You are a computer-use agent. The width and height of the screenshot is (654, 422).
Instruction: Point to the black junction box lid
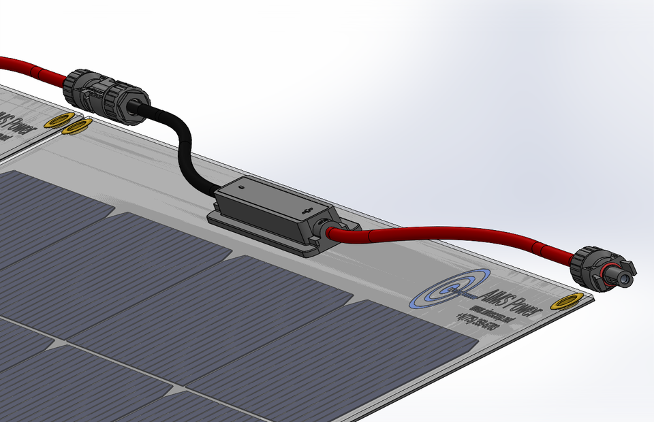(x=272, y=202)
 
